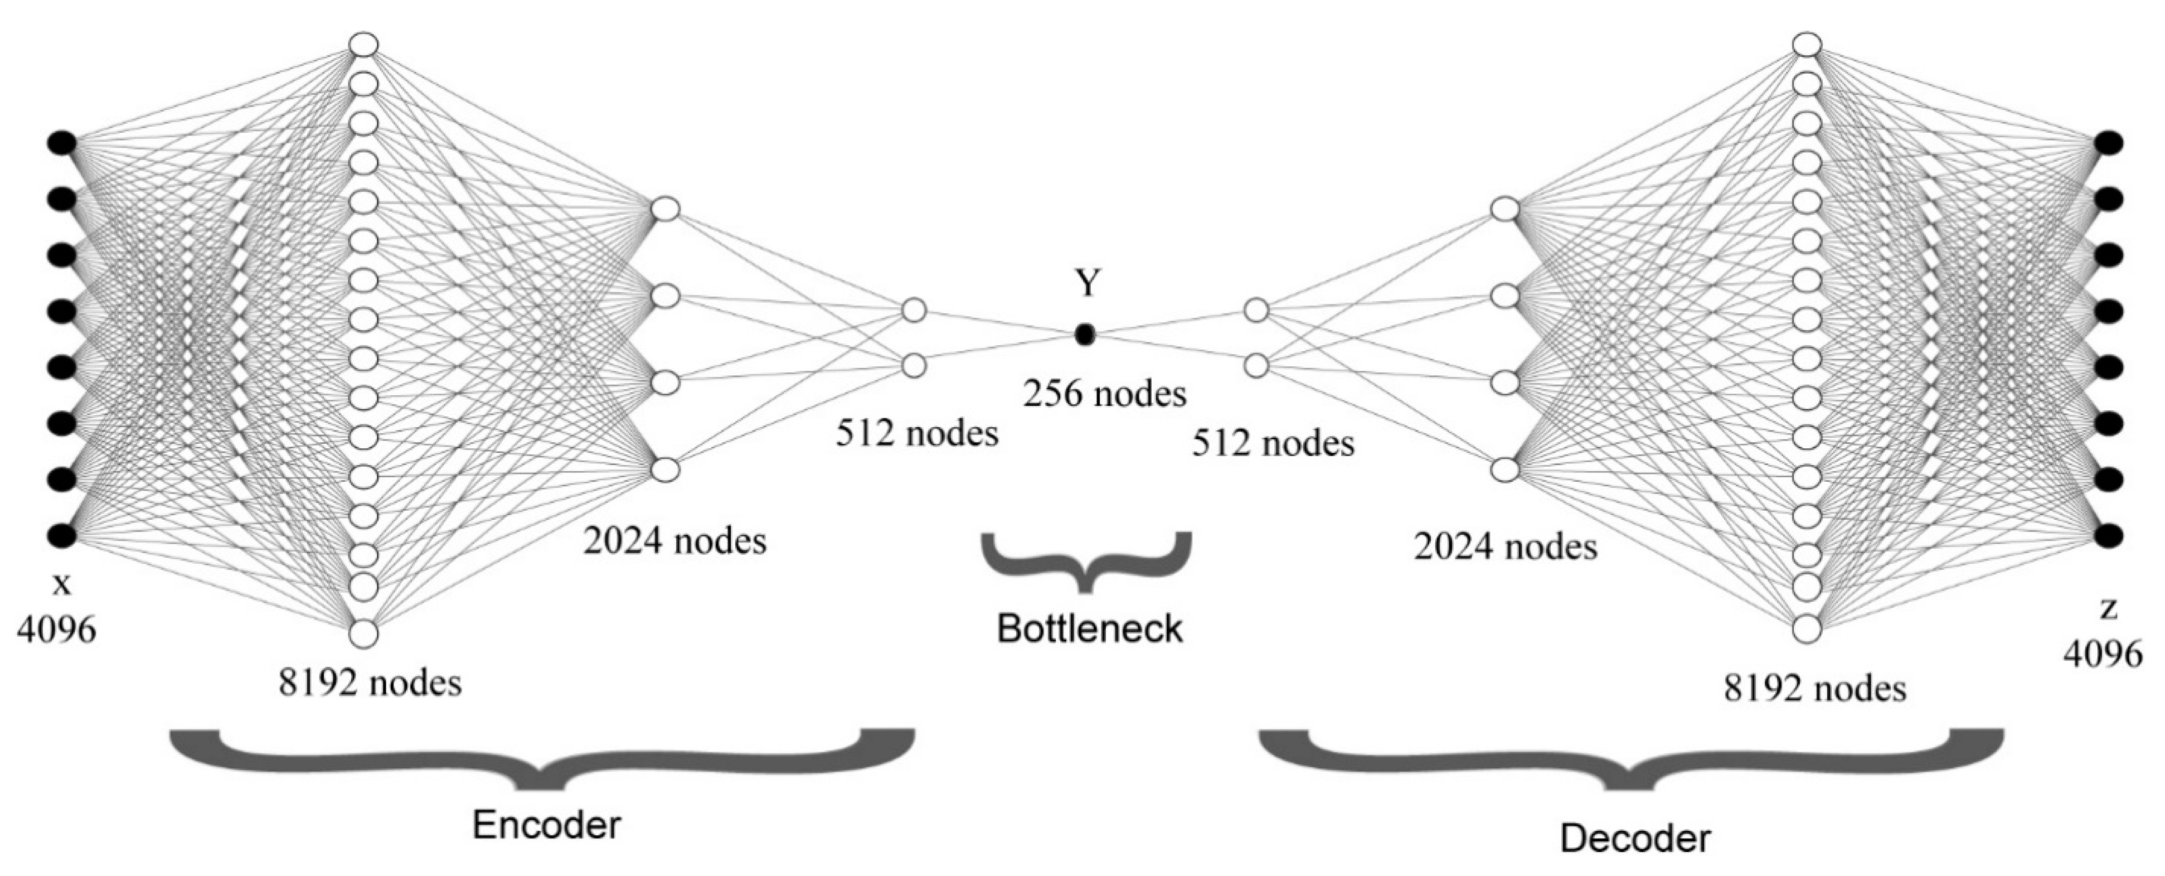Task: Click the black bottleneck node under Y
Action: click(1085, 335)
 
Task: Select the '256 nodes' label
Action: click(1104, 394)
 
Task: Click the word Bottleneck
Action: click(1089, 629)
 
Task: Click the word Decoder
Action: click(1635, 839)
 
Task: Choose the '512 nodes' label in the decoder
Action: click(1273, 443)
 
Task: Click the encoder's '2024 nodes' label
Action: click(675, 540)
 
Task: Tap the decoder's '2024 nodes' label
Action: click(1505, 547)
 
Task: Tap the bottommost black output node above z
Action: click(2108, 535)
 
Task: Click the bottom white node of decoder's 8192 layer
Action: click(1807, 628)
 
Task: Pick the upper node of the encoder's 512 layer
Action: click(914, 310)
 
